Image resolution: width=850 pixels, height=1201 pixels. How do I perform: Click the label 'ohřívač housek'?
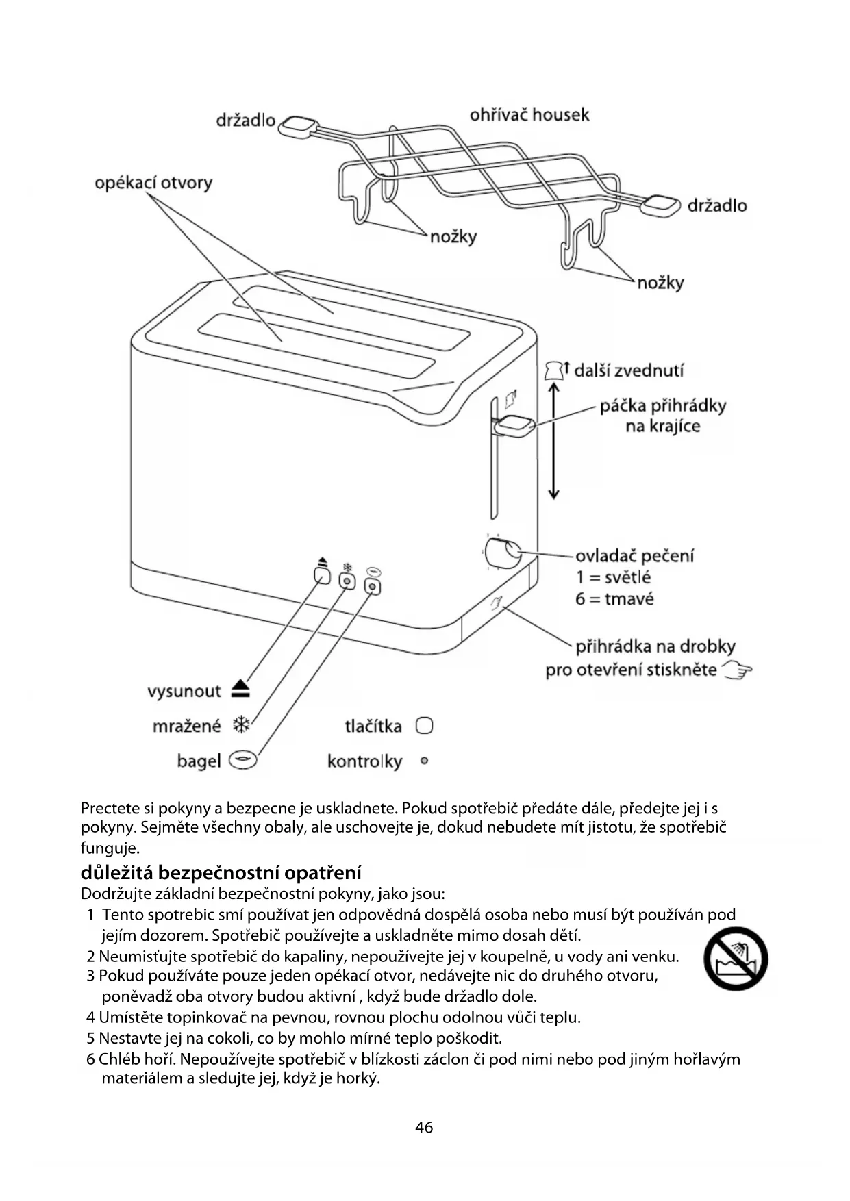pos(529,114)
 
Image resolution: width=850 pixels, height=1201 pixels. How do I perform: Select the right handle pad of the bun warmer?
pos(662,205)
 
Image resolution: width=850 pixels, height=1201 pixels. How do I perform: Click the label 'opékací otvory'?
pos(153,183)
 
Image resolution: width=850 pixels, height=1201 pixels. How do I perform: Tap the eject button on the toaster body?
pos(322,575)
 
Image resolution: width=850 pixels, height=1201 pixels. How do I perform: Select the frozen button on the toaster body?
pos(348,581)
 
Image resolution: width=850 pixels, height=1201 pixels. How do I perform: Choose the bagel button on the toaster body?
pos(373,586)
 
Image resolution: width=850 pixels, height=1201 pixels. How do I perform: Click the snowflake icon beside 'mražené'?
pos(241,725)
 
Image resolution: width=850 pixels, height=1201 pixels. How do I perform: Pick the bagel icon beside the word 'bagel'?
pos(243,760)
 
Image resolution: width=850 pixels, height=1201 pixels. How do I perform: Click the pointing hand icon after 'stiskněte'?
pos(738,670)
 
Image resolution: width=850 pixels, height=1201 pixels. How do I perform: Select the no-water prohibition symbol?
pos(736,959)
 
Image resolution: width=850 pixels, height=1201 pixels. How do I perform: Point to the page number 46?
pos(424,1127)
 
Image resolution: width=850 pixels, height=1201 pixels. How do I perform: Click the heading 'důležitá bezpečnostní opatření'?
pos(221,873)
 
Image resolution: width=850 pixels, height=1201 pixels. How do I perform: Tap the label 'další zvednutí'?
pos(628,370)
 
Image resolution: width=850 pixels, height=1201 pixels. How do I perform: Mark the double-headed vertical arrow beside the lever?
pos(554,441)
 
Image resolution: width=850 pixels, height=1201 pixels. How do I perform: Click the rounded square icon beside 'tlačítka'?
pos(425,726)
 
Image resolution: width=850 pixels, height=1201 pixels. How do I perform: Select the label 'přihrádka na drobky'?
pos(655,646)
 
